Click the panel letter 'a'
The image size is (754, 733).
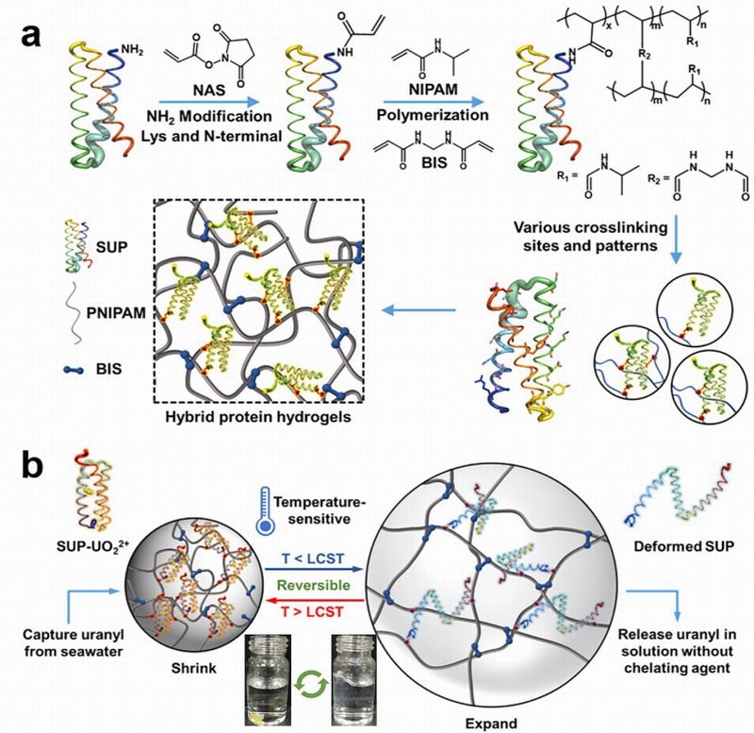coord(31,35)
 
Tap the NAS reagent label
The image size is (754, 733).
coord(208,91)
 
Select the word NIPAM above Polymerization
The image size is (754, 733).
coord(433,89)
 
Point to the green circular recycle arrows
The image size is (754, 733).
coord(311,685)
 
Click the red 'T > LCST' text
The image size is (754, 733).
coord(313,611)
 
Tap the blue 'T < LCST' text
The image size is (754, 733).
coord(313,559)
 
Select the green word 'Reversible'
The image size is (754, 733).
coord(314,586)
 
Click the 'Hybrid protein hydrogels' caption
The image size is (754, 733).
coord(257,417)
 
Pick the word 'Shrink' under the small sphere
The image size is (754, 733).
coord(194,669)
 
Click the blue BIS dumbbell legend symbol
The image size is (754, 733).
coord(74,371)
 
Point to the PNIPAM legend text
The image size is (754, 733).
coord(116,313)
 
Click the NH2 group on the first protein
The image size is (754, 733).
coord(132,50)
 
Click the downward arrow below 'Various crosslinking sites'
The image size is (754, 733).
coord(676,240)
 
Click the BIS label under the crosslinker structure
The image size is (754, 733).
coord(434,162)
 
